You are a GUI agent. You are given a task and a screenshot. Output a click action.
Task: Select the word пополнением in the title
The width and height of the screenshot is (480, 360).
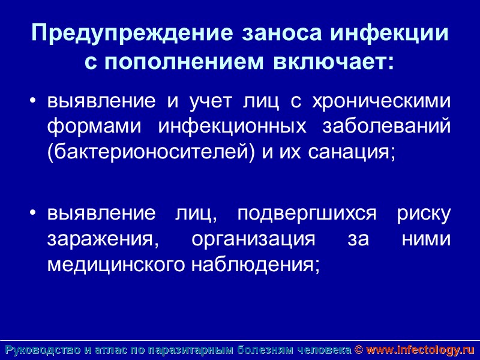(x=179, y=62)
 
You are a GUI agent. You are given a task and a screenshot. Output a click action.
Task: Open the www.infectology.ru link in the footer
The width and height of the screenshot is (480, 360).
(x=420, y=350)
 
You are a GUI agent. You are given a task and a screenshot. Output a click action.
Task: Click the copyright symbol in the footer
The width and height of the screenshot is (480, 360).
(x=358, y=350)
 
